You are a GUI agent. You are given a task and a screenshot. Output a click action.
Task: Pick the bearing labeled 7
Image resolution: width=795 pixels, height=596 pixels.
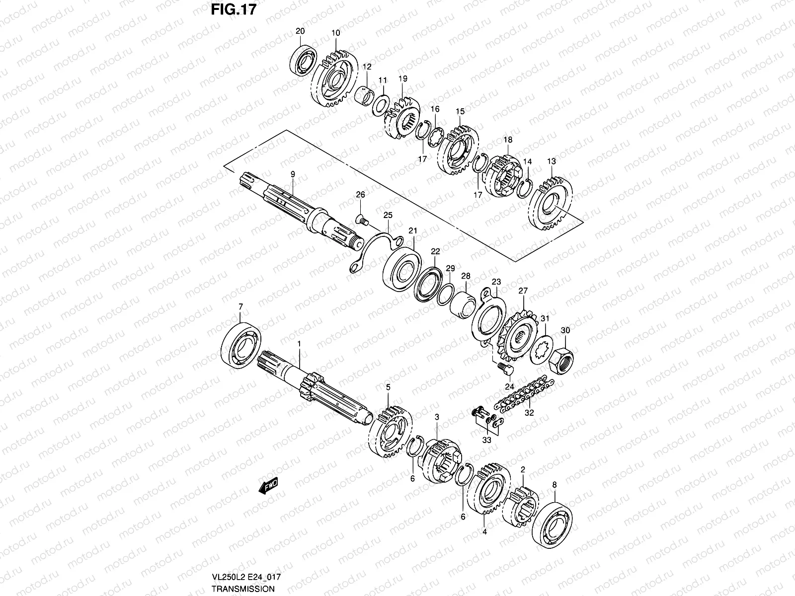[x=241, y=344]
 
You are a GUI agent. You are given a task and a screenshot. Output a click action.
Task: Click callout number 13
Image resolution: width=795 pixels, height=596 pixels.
[x=552, y=161]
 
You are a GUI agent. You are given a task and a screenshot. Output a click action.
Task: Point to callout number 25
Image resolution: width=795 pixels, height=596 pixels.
[x=388, y=215]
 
